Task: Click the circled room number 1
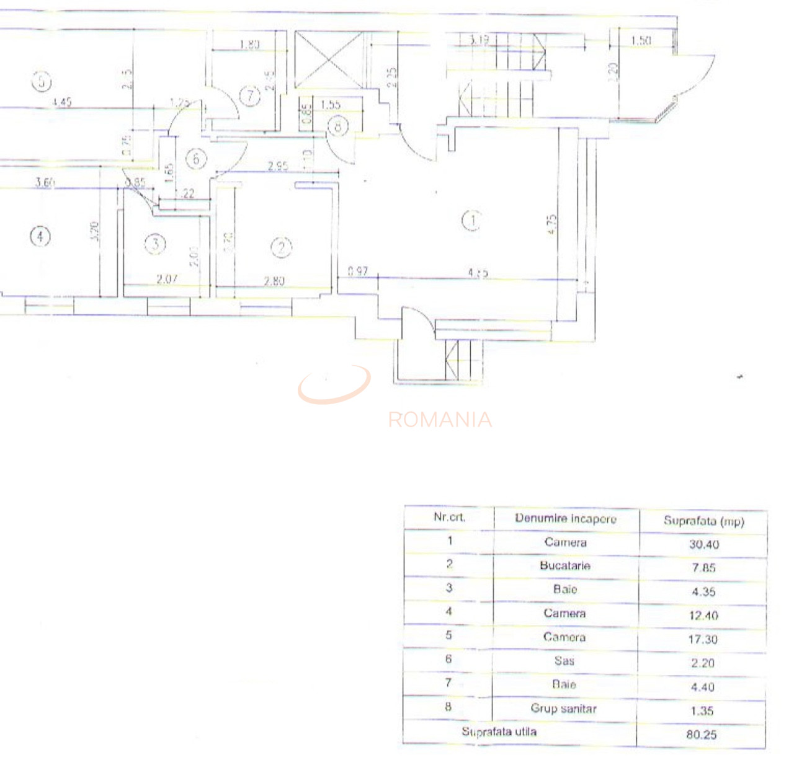[x=473, y=220]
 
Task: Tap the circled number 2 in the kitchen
[x=281, y=248]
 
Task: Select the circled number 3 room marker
[x=155, y=244]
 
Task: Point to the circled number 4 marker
[x=40, y=236]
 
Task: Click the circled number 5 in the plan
[x=42, y=81]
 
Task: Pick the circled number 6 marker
[x=196, y=159]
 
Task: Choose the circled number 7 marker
[x=250, y=96]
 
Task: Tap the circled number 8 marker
[x=338, y=126]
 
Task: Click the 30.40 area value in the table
[x=703, y=544]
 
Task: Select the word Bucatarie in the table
[x=564, y=565]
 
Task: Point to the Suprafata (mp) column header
[x=703, y=521]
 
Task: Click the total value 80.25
[x=702, y=735]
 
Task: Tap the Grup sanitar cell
[x=563, y=709]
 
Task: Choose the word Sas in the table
[x=564, y=661]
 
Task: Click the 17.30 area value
[x=702, y=639]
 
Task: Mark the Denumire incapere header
[x=565, y=519]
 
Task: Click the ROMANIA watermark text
[x=440, y=420]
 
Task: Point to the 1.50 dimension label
[x=641, y=41]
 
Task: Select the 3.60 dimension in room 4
[x=45, y=182]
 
